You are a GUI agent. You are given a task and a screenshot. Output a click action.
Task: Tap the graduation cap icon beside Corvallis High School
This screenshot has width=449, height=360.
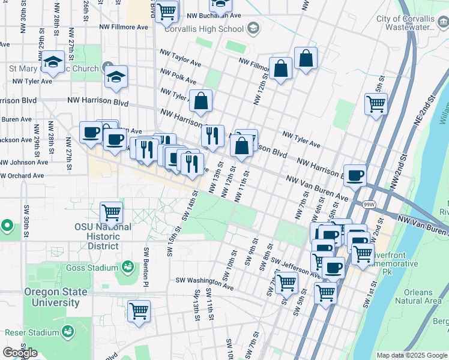(253, 28)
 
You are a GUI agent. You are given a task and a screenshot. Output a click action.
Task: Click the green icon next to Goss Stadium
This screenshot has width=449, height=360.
(127, 266)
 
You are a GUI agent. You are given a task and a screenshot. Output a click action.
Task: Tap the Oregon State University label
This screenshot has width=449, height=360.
(55, 297)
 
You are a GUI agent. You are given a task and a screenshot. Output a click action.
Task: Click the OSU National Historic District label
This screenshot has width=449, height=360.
(103, 236)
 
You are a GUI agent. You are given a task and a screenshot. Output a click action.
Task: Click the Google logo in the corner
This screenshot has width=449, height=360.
(20, 353)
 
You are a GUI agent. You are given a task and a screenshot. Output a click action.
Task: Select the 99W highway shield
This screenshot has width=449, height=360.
(369, 205)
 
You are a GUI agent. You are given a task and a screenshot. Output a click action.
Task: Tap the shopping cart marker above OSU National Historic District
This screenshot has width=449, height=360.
(112, 212)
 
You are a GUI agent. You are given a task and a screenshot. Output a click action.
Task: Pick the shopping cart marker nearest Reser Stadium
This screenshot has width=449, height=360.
(139, 311)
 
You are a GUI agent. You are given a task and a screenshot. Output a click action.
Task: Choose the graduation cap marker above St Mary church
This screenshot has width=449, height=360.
(53, 61)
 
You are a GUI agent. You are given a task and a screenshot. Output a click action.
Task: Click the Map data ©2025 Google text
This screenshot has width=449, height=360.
(411, 355)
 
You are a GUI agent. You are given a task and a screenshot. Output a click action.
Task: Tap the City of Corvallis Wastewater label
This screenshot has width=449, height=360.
(406, 23)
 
